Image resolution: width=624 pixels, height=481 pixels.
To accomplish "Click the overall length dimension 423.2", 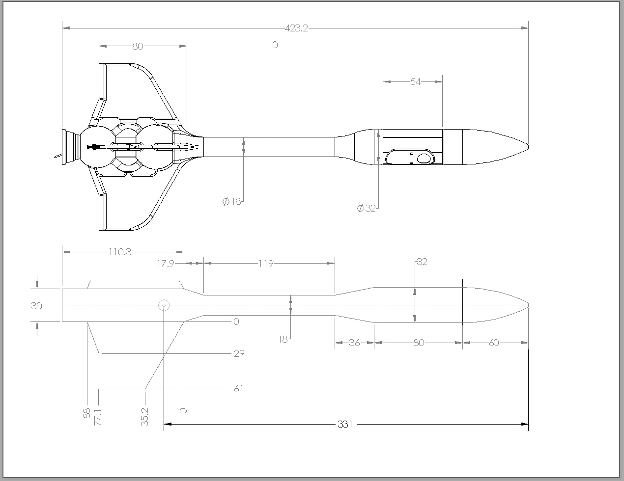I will (x=296, y=28).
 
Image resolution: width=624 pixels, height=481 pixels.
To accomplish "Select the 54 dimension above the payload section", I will (x=415, y=81).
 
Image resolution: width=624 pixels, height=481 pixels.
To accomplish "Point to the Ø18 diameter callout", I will (x=232, y=201).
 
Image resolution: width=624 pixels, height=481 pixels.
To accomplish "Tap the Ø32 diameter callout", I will (x=367, y=208).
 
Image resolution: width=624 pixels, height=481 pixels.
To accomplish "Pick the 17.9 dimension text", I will (x=166, y=264).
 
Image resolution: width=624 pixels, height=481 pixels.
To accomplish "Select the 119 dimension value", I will (x=265, y=264).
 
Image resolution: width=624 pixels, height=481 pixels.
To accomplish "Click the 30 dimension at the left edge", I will (x=36, y=305).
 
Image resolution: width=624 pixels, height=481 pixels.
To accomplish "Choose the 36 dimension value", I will (x=354, y=343).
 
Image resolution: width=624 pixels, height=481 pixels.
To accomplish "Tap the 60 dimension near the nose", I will (x=494, y=343).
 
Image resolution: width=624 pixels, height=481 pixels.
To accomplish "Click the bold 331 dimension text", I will (x=345, y=424).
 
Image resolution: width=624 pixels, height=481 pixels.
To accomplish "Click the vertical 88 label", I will (x=86, y=413).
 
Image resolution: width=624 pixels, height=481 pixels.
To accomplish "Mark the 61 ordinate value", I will (x=238, y=389).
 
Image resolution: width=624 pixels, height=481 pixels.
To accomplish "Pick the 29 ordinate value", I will (x=239, y=353).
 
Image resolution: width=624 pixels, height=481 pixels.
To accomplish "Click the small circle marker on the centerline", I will (x=164, y=305).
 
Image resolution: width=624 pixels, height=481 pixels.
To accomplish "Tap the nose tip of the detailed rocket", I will (x=527, y=146).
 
